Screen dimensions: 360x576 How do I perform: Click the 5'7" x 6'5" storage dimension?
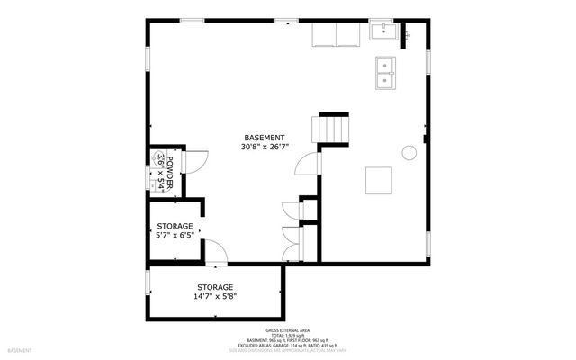176,235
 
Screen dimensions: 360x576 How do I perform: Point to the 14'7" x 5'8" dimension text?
215,296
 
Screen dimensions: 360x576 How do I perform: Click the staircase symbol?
332,128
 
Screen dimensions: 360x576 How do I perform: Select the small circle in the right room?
409,153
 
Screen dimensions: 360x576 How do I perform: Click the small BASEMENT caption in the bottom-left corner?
20,349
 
